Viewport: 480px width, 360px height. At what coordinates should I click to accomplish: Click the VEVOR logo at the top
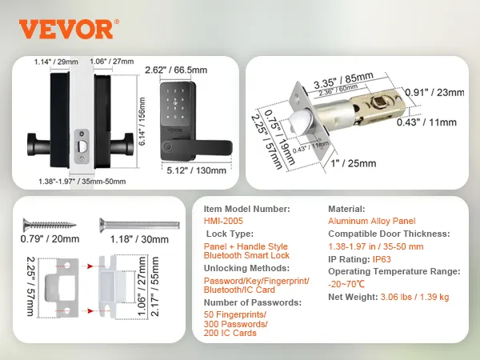tap(69, 29)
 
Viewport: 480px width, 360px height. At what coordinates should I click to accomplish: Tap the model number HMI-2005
tap(223, 221)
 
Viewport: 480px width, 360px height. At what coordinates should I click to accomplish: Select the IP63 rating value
tap(382, 259)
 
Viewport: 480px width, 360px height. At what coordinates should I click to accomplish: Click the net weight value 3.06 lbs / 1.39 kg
tap(414, 297)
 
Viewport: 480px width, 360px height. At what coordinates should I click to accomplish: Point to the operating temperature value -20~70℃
tap(346, 284)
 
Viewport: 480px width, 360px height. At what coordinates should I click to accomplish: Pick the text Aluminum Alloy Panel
tap(372, 221)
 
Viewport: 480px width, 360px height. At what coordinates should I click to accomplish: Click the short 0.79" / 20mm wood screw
tap(50, 225)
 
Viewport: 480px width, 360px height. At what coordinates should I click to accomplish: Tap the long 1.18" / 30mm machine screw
tap(139, 225)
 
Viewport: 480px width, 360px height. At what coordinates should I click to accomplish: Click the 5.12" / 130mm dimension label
tap(197, 170)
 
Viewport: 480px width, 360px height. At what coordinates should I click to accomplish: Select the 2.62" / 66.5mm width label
tap(176, 70)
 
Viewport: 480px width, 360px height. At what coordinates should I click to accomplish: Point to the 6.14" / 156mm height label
tap(142, 122)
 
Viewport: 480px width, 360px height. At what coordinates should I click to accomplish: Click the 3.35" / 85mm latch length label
tap(343, 79)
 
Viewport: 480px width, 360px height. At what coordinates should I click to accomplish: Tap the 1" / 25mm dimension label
tap(354, 163)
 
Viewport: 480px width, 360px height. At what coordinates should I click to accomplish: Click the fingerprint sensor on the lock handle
tap(167, 146)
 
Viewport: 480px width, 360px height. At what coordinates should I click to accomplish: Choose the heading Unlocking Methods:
tap(246, 268)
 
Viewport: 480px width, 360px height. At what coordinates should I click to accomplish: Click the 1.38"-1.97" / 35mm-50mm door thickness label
tap(82, 182)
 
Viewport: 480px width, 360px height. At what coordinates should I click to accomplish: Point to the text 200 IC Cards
tap(230, 333)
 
